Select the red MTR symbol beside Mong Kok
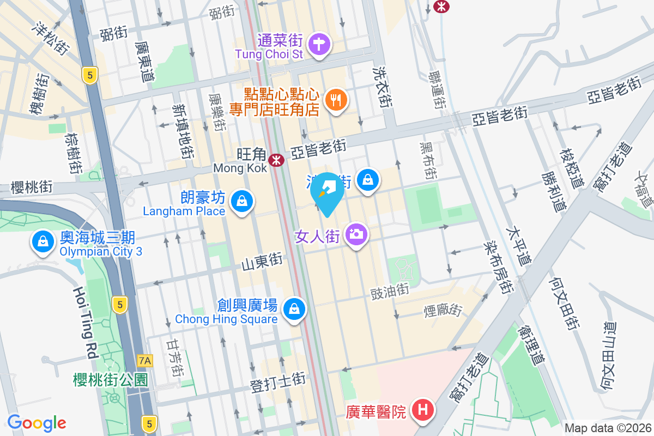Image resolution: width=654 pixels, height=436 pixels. click(278, 160)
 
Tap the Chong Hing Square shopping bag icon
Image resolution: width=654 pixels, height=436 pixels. click(294, 309)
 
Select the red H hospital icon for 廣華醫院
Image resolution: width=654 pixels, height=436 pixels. click(423, 410)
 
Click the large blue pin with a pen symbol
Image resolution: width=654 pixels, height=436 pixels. click(327, 191)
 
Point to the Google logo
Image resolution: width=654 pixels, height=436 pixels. click(37, 423)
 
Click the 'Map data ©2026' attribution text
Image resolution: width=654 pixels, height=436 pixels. click(608, 428)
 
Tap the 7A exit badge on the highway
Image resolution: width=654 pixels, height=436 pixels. click(144, 360)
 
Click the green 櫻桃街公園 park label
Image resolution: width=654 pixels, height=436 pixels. click(111, 380)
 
